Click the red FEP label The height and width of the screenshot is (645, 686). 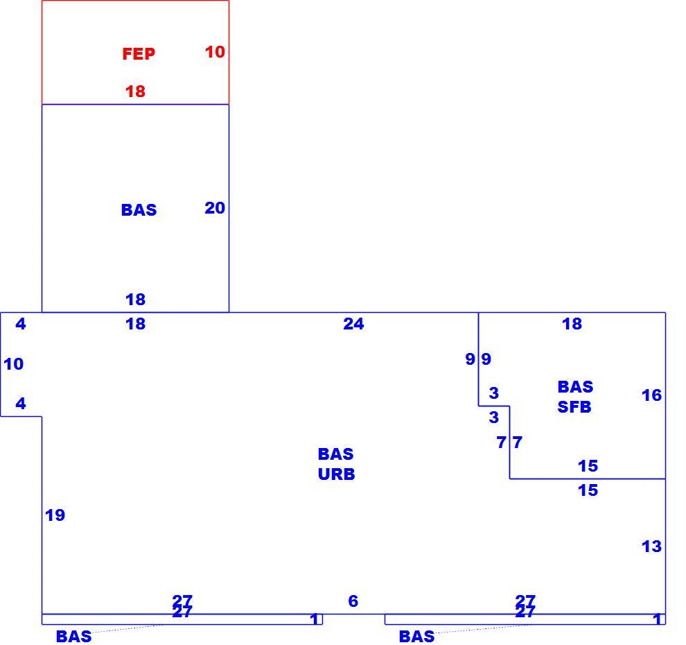pos(139,54)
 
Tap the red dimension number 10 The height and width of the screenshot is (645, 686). pos(215,52)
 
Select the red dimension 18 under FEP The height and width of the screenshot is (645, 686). pos(135,92)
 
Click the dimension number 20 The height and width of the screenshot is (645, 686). pos(215,208)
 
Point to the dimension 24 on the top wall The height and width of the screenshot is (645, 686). pos(353,324)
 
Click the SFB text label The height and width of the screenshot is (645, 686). pos(574,407)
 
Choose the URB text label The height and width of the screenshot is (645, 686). pos(337,474)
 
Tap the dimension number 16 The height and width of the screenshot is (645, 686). pos(651,395)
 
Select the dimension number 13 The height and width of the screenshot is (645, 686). pos(651,547)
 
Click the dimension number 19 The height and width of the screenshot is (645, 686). pos(55,515)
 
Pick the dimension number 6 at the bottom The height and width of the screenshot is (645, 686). pos(353,601)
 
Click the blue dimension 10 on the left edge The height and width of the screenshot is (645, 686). pos(14,364)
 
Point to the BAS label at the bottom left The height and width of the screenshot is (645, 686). pos(74,636)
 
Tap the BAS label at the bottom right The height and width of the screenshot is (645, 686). pos(416,636)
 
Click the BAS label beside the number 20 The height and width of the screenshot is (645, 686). pos(139,210)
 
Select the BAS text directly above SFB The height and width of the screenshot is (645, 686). pos(575,387)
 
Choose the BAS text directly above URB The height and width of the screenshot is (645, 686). pos(335,454)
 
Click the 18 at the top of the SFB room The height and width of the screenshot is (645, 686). pos(572,324)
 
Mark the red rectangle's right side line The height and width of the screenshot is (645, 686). pos(229,53)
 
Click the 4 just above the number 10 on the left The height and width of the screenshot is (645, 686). pos(21,324)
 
